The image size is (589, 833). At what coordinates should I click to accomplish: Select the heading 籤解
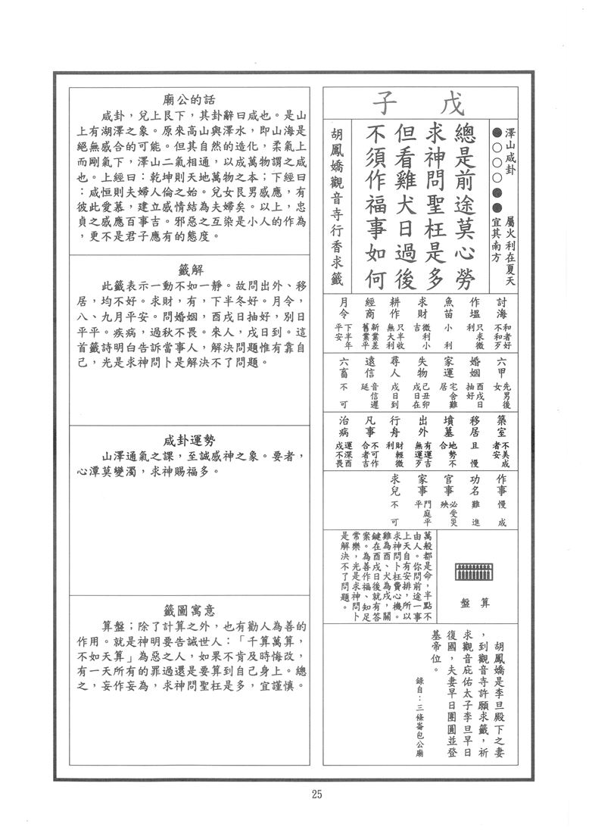[x=189, y=270]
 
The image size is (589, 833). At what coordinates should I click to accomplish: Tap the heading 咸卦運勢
[x=189, y=440]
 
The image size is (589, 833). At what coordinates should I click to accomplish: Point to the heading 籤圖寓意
[x=189, y=610]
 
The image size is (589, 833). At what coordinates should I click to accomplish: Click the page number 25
[x=316, y=794]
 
